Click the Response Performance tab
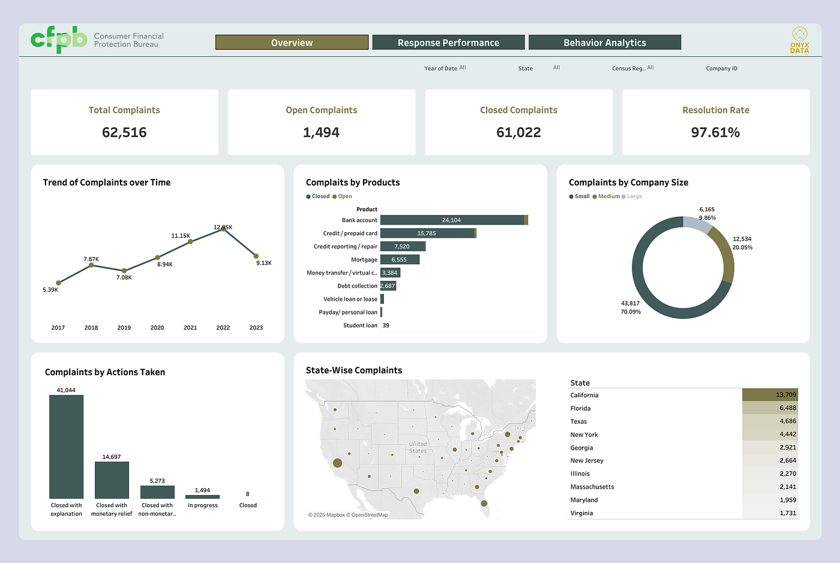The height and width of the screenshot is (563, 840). click(448, 43)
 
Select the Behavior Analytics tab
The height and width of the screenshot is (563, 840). click(605, 43)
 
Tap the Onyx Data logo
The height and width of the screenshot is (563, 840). click(799, 40)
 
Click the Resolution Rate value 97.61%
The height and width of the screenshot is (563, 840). click(715, 133)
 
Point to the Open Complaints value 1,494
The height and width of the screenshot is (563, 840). click(321, 133)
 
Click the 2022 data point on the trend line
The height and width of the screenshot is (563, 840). click(223, 229)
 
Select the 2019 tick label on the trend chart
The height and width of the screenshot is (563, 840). click(124, 328)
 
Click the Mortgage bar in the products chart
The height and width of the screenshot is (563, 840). click(400, 259)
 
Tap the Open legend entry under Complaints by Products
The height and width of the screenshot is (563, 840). click(342, 196)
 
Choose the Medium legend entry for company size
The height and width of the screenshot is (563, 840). click(606, 196)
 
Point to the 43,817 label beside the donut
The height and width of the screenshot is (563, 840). click(631, 303)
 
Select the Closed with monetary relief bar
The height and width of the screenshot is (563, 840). click(112, 480)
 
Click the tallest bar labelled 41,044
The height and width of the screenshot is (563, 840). click(67, 447)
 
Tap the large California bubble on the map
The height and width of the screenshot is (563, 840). click(337, 463)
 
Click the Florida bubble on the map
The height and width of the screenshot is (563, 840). click(484, 504)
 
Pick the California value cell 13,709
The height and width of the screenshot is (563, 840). click(770, 394)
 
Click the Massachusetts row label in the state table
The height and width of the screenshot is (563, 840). click(592, 487)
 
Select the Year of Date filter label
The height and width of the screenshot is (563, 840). click(440, 68)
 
